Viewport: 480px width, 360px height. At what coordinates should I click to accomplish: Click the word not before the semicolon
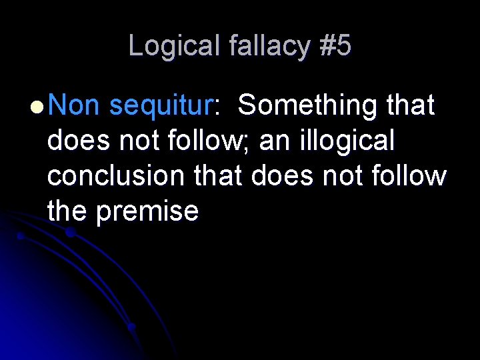pyautogui.click(x=140, y=141)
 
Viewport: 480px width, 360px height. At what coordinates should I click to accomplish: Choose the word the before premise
pyautogui.click(x=68, y=211)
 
